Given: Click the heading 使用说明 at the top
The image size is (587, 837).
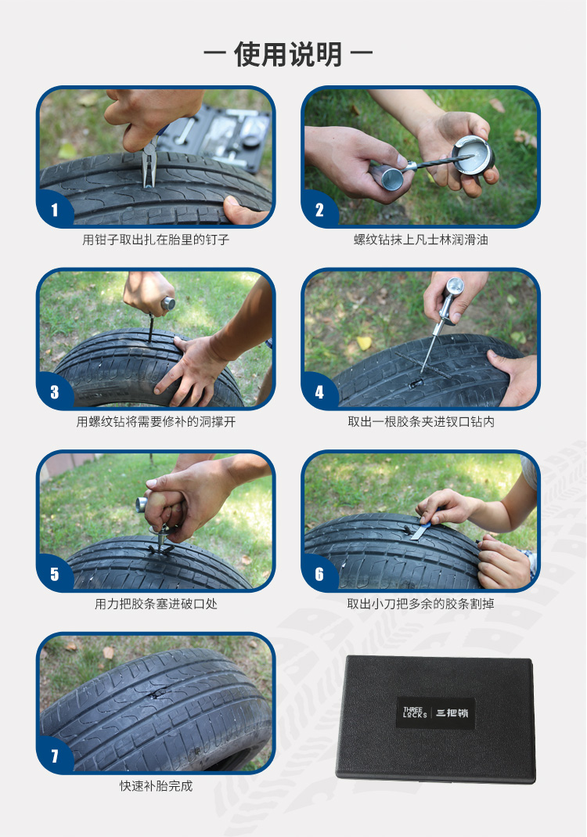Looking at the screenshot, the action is [x=288, y=54].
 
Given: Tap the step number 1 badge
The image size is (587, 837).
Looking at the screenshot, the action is [x=55, y=210].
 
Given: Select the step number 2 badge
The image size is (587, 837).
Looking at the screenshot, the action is [x=319, y=210].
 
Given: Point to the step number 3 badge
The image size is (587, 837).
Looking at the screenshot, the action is [x=55, y=391].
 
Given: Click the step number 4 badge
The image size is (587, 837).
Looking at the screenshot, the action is [x=319, y=391].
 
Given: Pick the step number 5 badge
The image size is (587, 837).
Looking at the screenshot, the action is [x=55, y=574].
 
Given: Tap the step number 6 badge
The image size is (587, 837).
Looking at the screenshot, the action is [x=319, y=574].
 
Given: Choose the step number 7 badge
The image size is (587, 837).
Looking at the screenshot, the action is [x=55, y=756].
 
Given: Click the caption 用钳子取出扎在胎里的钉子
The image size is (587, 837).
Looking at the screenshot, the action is [x=156, y=240].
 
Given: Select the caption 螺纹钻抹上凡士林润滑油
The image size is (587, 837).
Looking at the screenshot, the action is [x=420, y=240].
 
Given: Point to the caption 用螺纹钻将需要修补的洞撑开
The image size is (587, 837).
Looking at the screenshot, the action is [x=156, y=422].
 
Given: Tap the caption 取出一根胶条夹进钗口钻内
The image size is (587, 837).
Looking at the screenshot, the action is [x=421, y=422].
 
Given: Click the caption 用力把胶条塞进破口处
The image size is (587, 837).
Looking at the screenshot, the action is [x=156, y=604].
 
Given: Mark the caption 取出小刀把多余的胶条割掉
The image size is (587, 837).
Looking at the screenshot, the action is [x=420, y=604].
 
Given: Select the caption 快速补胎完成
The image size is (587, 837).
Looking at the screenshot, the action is [x=156, y=786].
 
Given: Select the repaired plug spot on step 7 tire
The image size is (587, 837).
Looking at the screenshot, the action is [x=157, y=694].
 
